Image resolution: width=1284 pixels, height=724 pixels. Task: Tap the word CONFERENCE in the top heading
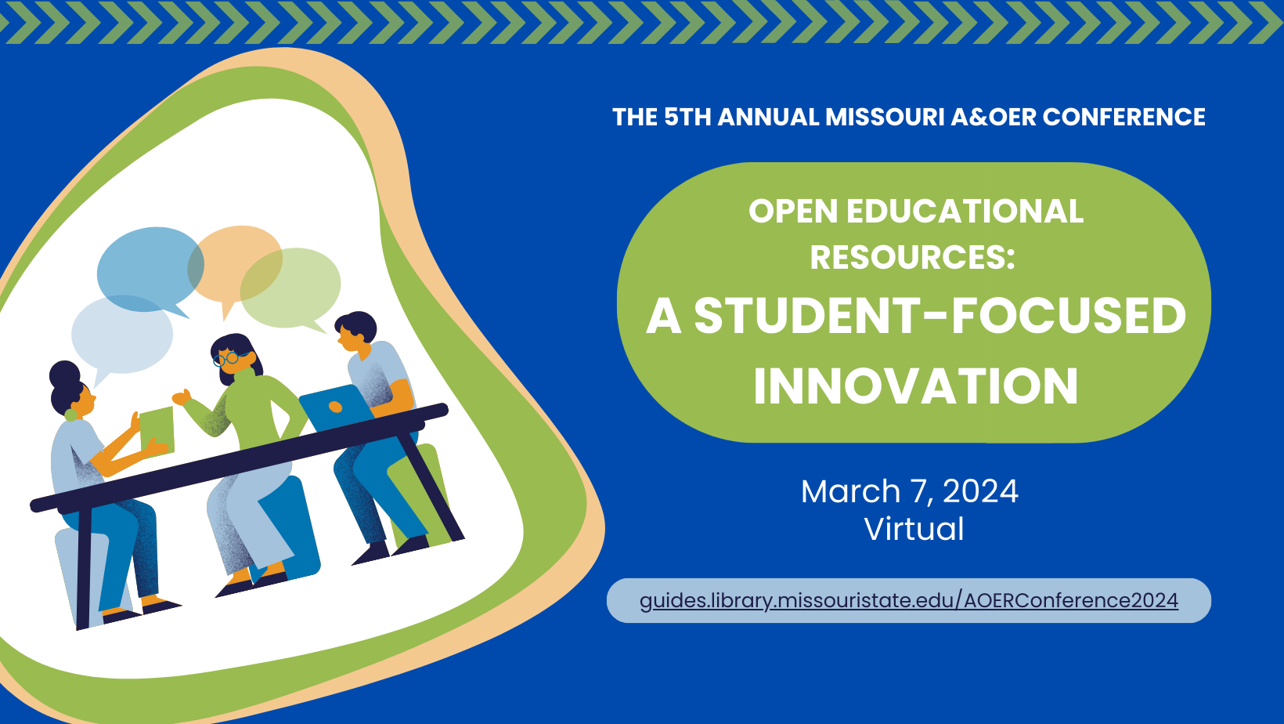(x=1123, y=118)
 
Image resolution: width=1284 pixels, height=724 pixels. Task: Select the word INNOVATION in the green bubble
(x=915, y=386)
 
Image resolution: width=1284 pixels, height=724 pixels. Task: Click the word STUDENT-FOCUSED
(x=940, y=316)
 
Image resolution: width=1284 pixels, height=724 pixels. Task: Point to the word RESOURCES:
(x=912, y=258)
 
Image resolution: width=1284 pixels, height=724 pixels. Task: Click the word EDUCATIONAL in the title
(x=965, y=212)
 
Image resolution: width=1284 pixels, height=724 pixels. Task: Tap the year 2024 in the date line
(x=980, y=492)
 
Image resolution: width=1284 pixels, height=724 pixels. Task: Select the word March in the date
(x=850, y=492)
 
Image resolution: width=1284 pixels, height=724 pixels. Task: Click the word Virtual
(x=914, y=529)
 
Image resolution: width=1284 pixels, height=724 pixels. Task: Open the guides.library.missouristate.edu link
(x=908, y=601)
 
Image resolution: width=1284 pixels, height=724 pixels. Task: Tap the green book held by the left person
(x=157, y=429)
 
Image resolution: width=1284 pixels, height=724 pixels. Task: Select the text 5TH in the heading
(x=688, y=118)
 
